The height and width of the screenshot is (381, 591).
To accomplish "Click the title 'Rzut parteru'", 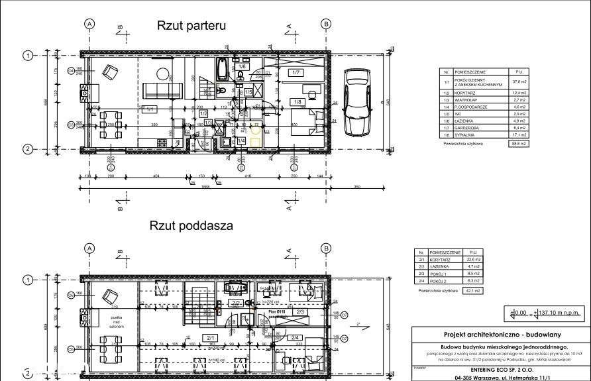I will [x=191, y=26].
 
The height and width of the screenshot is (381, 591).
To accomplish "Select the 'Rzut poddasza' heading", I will [x=191, y=225].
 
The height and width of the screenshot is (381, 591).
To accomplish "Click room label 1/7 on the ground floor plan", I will [x=296, y=72].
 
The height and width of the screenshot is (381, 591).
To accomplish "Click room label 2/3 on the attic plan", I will [x=300, y=311].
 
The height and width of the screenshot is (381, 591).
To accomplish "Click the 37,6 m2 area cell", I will [x=518, y=82].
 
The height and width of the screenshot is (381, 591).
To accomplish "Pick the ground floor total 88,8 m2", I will [x=518, y=143].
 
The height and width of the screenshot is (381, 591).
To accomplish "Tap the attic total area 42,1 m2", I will [x=472, y=290].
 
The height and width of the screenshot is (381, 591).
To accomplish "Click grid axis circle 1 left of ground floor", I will [x=28, y=56].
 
